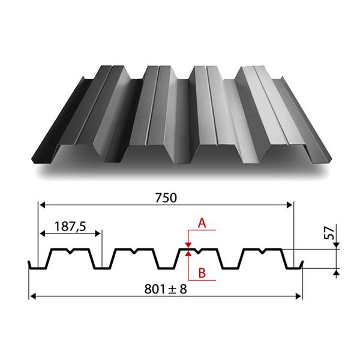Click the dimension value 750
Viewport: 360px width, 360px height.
pyautogui.click(x=166, y=197)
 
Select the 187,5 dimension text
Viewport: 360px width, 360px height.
pyautogui.click(x=70, y=226)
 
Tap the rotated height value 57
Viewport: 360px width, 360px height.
pyautogui.click(x=329, y=233)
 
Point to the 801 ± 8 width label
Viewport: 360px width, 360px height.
pyautogui.click(x=166, y=289)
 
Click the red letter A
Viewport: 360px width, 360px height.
pyautogui.click(x=202, y=223)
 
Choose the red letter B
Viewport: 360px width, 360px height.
pyautogui.click(x=202, y=273)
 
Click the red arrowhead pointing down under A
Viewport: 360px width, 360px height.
pyautogui.click(x=188, y=245)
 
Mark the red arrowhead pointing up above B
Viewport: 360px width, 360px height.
pyautogui.click(x=188, y=253)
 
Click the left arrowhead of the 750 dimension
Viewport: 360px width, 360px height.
pyautogui.click(x=42, y=205)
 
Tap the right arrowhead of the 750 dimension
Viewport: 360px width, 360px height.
pyautogui.click(x=290, y=205)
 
